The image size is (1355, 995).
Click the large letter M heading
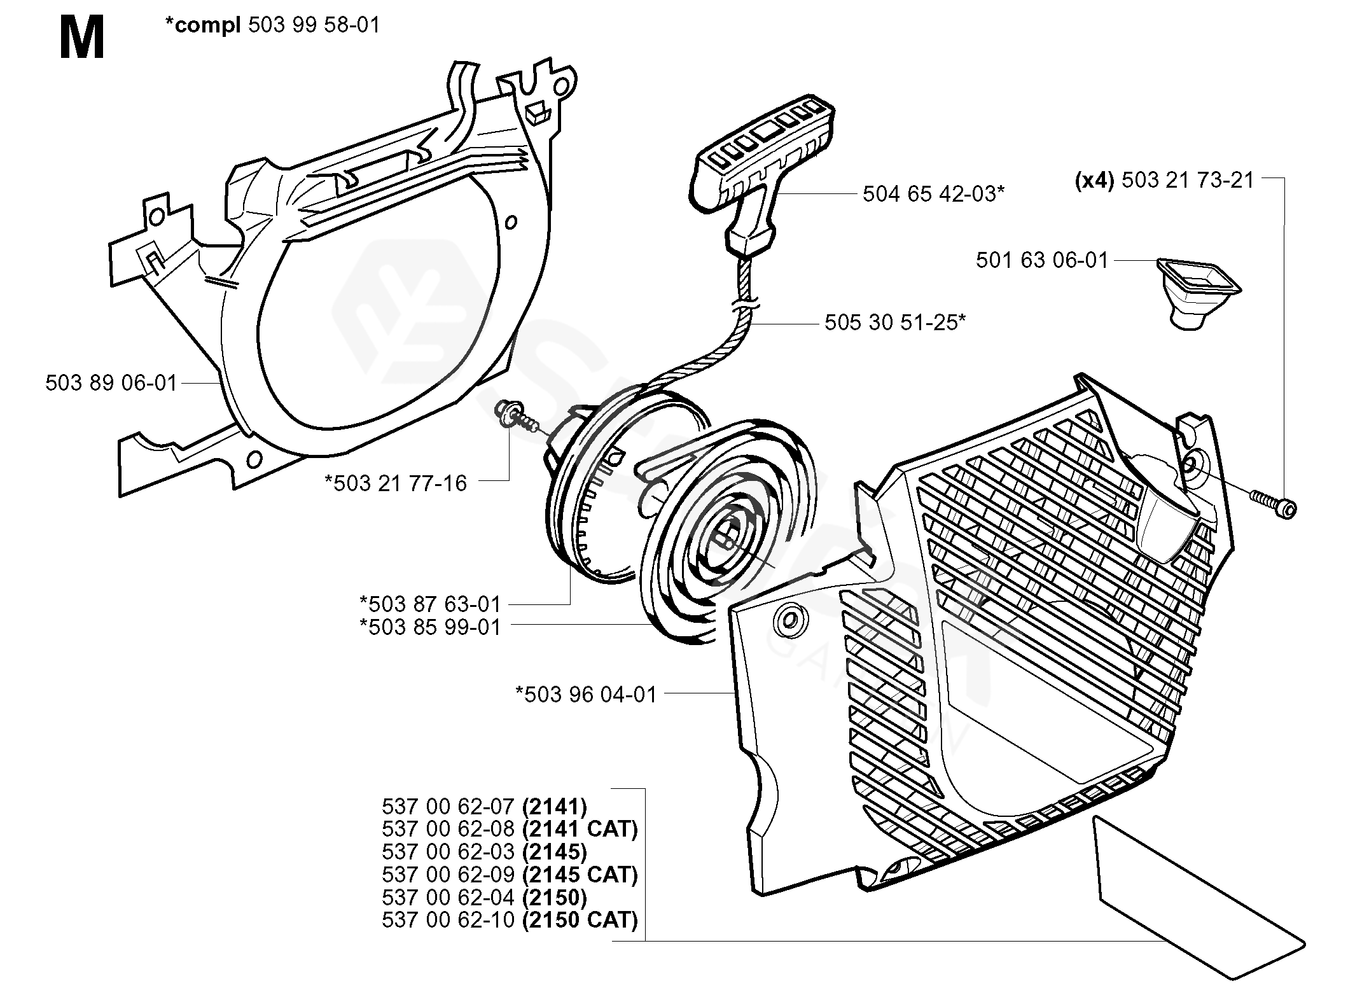(x=82, y=39)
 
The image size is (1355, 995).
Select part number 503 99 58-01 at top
(x=314, y=25)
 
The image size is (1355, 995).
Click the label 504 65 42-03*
(x=933, y=193)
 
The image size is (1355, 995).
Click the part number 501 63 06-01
(x=1042, y=260)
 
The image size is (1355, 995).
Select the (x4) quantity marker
(x=1094, y=181)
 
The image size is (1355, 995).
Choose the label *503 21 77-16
(x=396, y=484)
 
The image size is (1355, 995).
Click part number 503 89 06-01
(x=111, y=383)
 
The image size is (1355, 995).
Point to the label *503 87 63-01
(x=431, y=604)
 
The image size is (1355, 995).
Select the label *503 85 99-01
(x=431, y=627)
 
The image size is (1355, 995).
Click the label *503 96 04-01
(x=586, y=694)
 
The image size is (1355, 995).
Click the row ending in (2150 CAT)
(x=510, y=920)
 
